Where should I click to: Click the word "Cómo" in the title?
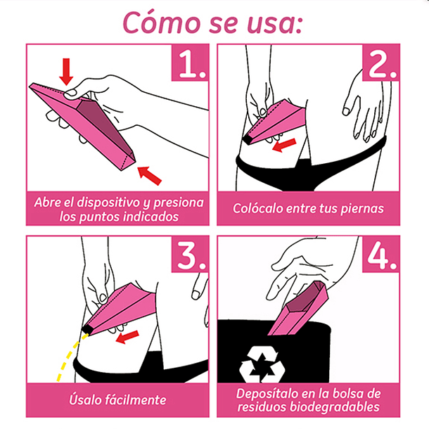pyautogui.click(x=162, y=23)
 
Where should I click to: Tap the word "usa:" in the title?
pyautogui.click(x=274, y=25)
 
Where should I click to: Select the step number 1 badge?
pyautogui.click(x=190, y=63)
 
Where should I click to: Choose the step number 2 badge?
pyautogui.click(x=381, y=63)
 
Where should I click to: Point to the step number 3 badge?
pyautogui.click(x=190, y=254)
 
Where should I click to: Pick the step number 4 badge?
pyautogui.click(x=381, y=254)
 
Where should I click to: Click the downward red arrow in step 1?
pyautogui.click(x=66, y=72)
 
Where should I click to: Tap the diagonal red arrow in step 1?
pyautogui.click(x=149, y=175)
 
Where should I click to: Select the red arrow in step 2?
pyautogui.click(x=285, y=145)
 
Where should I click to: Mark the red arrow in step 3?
pyautogui.click(x=127, y=337)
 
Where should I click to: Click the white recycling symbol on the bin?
pyautogui.click(x=262, y=364)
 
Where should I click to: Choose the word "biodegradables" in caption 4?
pyautogui.click(x=334, y=406)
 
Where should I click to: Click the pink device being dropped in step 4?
pyautogui.click(x=297, y=309)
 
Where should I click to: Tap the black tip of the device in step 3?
pyautogui.click(x=87, y=329)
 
